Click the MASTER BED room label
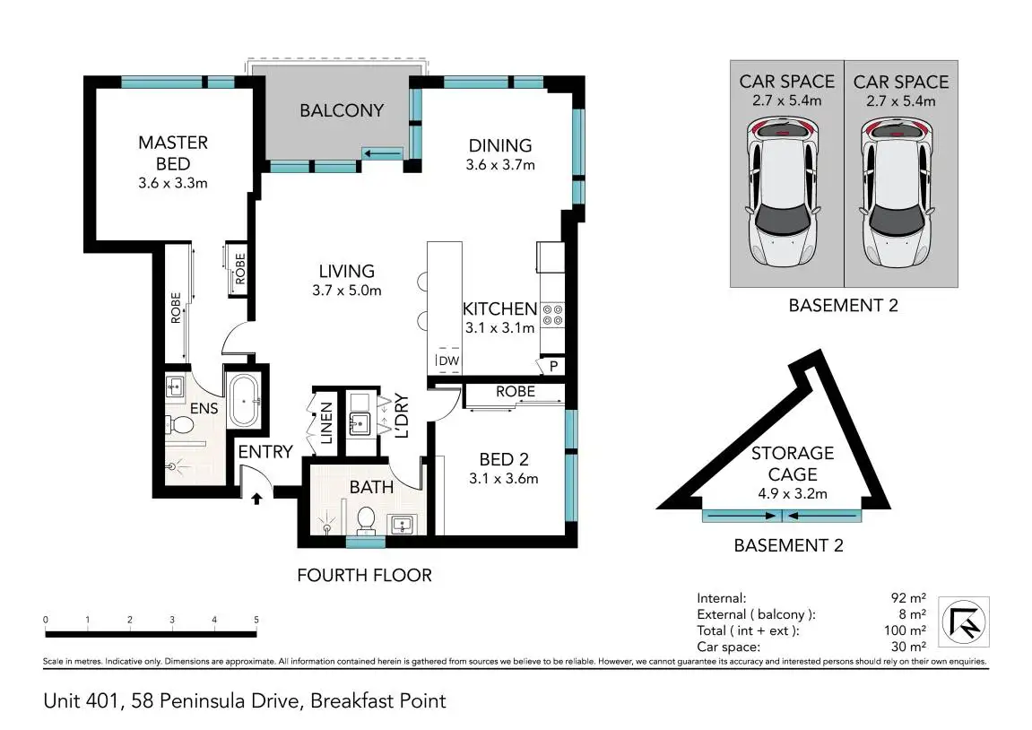(173, 152)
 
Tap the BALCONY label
(342, 110)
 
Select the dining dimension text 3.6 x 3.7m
(500, 164)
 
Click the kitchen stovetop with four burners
(553, 315)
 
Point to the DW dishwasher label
(449, 361)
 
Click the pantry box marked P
(553, 366)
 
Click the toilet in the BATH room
(365, 520)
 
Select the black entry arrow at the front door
(256, 499)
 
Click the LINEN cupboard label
(325, 422)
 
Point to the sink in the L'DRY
(360, 423)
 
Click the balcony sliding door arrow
(383, 154)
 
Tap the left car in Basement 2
(783, 192)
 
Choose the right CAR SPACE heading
(901, 83)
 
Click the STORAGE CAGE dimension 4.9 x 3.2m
(793, 493)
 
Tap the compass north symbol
(964, 622)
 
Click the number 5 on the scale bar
(256, 620)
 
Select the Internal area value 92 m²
(908, 597)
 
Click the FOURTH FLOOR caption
(365, 576)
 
